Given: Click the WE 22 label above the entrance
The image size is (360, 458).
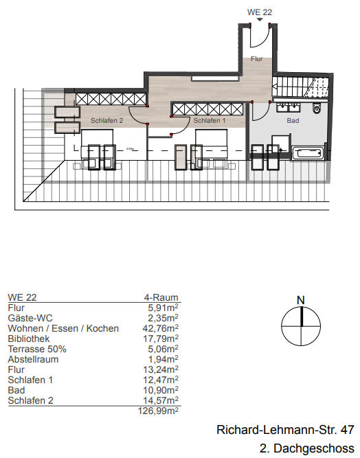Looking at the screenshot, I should click(x=259, y=12).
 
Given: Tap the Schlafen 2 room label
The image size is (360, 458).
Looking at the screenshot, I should click(x=106, y=121).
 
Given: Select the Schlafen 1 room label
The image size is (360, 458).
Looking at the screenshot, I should click(x=210, y=121).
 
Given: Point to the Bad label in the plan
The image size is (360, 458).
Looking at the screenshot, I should click(x=293, y=121).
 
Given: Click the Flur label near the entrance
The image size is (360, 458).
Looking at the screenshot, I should click(x=257, y=60).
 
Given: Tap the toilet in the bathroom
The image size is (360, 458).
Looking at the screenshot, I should click(x=316, y=108).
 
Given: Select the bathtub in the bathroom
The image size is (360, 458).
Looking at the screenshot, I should click(x=307, y=154).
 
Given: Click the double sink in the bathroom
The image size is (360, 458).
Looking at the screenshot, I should click(x=289, y=107).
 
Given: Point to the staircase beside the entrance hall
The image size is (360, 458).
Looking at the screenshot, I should click(x=302, y=88).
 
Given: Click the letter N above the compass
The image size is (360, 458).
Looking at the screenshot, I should click(x=300, y=299).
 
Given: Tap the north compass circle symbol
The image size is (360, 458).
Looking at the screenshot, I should click(x=300, y=325).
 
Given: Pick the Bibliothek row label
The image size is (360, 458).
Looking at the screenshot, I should click(x=27, y=338).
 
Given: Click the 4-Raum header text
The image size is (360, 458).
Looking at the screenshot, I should click(x=160, y=298).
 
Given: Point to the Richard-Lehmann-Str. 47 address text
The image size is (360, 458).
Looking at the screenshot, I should click(x=285, y=431).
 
